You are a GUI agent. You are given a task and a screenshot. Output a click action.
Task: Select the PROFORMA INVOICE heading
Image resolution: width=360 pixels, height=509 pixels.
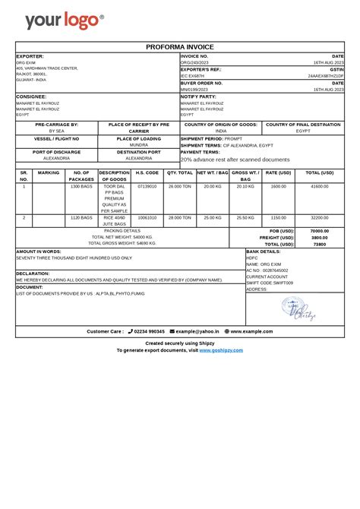180,47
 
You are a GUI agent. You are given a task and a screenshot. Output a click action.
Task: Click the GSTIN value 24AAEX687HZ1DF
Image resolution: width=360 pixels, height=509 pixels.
325,76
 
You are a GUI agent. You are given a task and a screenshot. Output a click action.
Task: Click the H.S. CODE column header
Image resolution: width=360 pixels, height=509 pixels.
147,173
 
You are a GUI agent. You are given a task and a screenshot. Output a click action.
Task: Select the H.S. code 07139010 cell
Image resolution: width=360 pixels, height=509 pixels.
147,186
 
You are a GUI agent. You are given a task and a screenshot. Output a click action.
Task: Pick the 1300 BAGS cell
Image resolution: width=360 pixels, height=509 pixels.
81,186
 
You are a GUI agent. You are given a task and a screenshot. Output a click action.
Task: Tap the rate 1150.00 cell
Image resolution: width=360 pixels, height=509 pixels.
279,217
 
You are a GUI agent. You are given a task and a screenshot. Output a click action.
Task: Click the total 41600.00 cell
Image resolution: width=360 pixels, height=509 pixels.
320,186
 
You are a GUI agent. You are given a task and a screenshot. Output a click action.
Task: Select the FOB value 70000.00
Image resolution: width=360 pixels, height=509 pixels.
320,230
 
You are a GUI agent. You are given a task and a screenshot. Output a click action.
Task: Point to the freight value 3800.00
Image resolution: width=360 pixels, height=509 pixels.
320,237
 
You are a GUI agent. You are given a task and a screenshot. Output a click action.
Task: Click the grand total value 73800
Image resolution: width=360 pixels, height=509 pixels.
320,244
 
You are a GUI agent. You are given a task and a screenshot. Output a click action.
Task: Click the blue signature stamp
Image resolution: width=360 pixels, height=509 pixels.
299,308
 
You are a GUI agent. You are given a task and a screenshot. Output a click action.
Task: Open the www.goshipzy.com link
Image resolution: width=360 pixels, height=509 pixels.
221,350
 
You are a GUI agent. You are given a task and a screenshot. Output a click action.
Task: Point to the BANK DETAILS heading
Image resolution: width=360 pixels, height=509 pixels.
264,251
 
